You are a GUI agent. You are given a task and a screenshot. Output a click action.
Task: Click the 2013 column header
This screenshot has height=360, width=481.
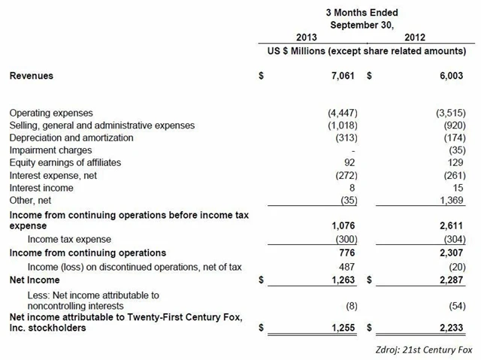click(x=307, y=37)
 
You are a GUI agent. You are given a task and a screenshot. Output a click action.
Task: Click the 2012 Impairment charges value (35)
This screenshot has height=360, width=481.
click(x=453, y=150)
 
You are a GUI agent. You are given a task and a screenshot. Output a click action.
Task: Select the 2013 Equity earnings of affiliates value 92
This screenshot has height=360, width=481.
click(x=346, y=162)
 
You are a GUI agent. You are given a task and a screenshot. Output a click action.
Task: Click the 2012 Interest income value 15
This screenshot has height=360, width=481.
click(x=456, y=186)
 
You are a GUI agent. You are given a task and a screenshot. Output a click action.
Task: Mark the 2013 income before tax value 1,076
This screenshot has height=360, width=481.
click(x=342, y=225)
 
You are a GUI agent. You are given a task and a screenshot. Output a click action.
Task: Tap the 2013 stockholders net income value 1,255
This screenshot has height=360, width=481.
click(x=342, y=327)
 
